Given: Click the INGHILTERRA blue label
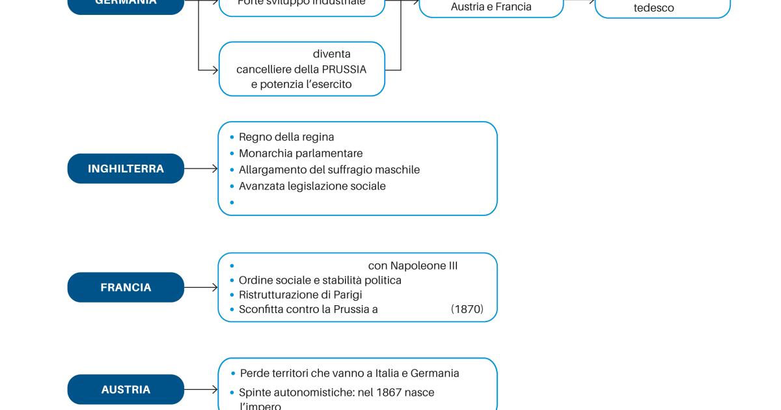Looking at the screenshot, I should coord(126,169).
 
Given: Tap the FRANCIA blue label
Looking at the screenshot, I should coord(126,287).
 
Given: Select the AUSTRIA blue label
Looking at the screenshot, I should coord(126,389).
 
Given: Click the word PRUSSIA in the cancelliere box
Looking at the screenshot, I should coord(344,69).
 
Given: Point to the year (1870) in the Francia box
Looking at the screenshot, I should coord(467,309).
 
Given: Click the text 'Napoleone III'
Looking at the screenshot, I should coord(424,266).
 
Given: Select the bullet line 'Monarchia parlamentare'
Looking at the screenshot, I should coord(300,154).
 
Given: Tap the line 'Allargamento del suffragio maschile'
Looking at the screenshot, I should coord(329,170).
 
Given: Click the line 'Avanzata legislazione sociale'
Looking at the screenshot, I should coord(312,186).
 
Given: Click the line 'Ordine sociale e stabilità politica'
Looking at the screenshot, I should coord(320,280).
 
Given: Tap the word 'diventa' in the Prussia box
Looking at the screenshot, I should coord(331,54).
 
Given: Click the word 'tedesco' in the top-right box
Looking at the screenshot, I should coord(653,8).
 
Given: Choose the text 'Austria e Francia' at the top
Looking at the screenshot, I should coord(491,7).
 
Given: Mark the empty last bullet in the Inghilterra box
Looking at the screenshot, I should coord(232,202).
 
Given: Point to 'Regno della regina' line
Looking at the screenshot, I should coord(286,137).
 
